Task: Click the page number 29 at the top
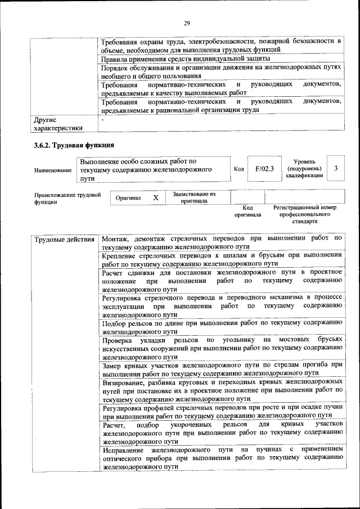coord(187,22)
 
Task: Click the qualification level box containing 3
coord(336,168)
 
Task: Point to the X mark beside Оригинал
coord(156,199)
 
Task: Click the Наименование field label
coord(53,170)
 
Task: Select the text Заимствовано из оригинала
coord(193,197)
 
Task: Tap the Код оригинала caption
coord(247,211)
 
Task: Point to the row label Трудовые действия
coord(64,240)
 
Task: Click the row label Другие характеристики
coord(58,124)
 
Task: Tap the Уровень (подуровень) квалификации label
coord(304,168)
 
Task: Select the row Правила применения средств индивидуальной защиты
coord(186,58)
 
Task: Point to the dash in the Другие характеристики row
coord(102,119)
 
